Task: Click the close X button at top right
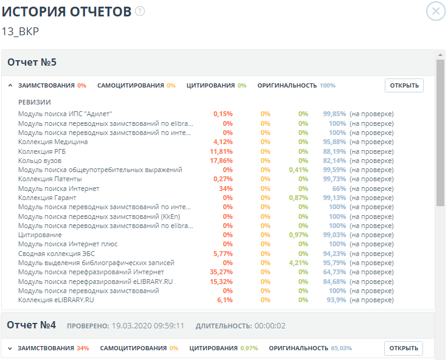click(435, 12)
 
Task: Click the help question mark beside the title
click(140, 11)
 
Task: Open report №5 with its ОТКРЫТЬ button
click(404, 85)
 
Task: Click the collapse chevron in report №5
click(10, 86)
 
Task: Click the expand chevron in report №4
click(10, 348)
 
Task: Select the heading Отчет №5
click(32, 63)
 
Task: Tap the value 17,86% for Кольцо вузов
click(221, 161)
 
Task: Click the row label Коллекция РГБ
click(44, 151)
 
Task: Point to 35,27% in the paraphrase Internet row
click(221, 272)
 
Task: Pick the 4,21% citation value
click(299, 263)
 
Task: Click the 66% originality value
click(339, 189)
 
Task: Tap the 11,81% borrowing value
click(221, 151)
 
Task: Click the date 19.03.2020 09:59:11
click(148, 326)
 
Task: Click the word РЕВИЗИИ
click(35, 102)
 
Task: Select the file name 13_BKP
click(21, 31)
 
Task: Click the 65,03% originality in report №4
click(342, 348)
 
